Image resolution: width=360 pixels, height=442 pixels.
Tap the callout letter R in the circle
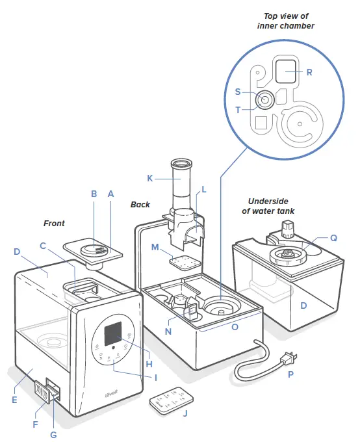pyautogui.click(x=309, y=73)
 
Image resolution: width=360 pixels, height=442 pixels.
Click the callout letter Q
pyautogui.click(x=333, y=238)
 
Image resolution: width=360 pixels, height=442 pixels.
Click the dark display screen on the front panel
pyautogui.click(x=116, y=333)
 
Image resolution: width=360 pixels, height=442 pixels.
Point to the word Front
pyautogui.click(x=54, y=223)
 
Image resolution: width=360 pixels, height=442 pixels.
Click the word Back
pyautogui.click(x=140, y=204)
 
